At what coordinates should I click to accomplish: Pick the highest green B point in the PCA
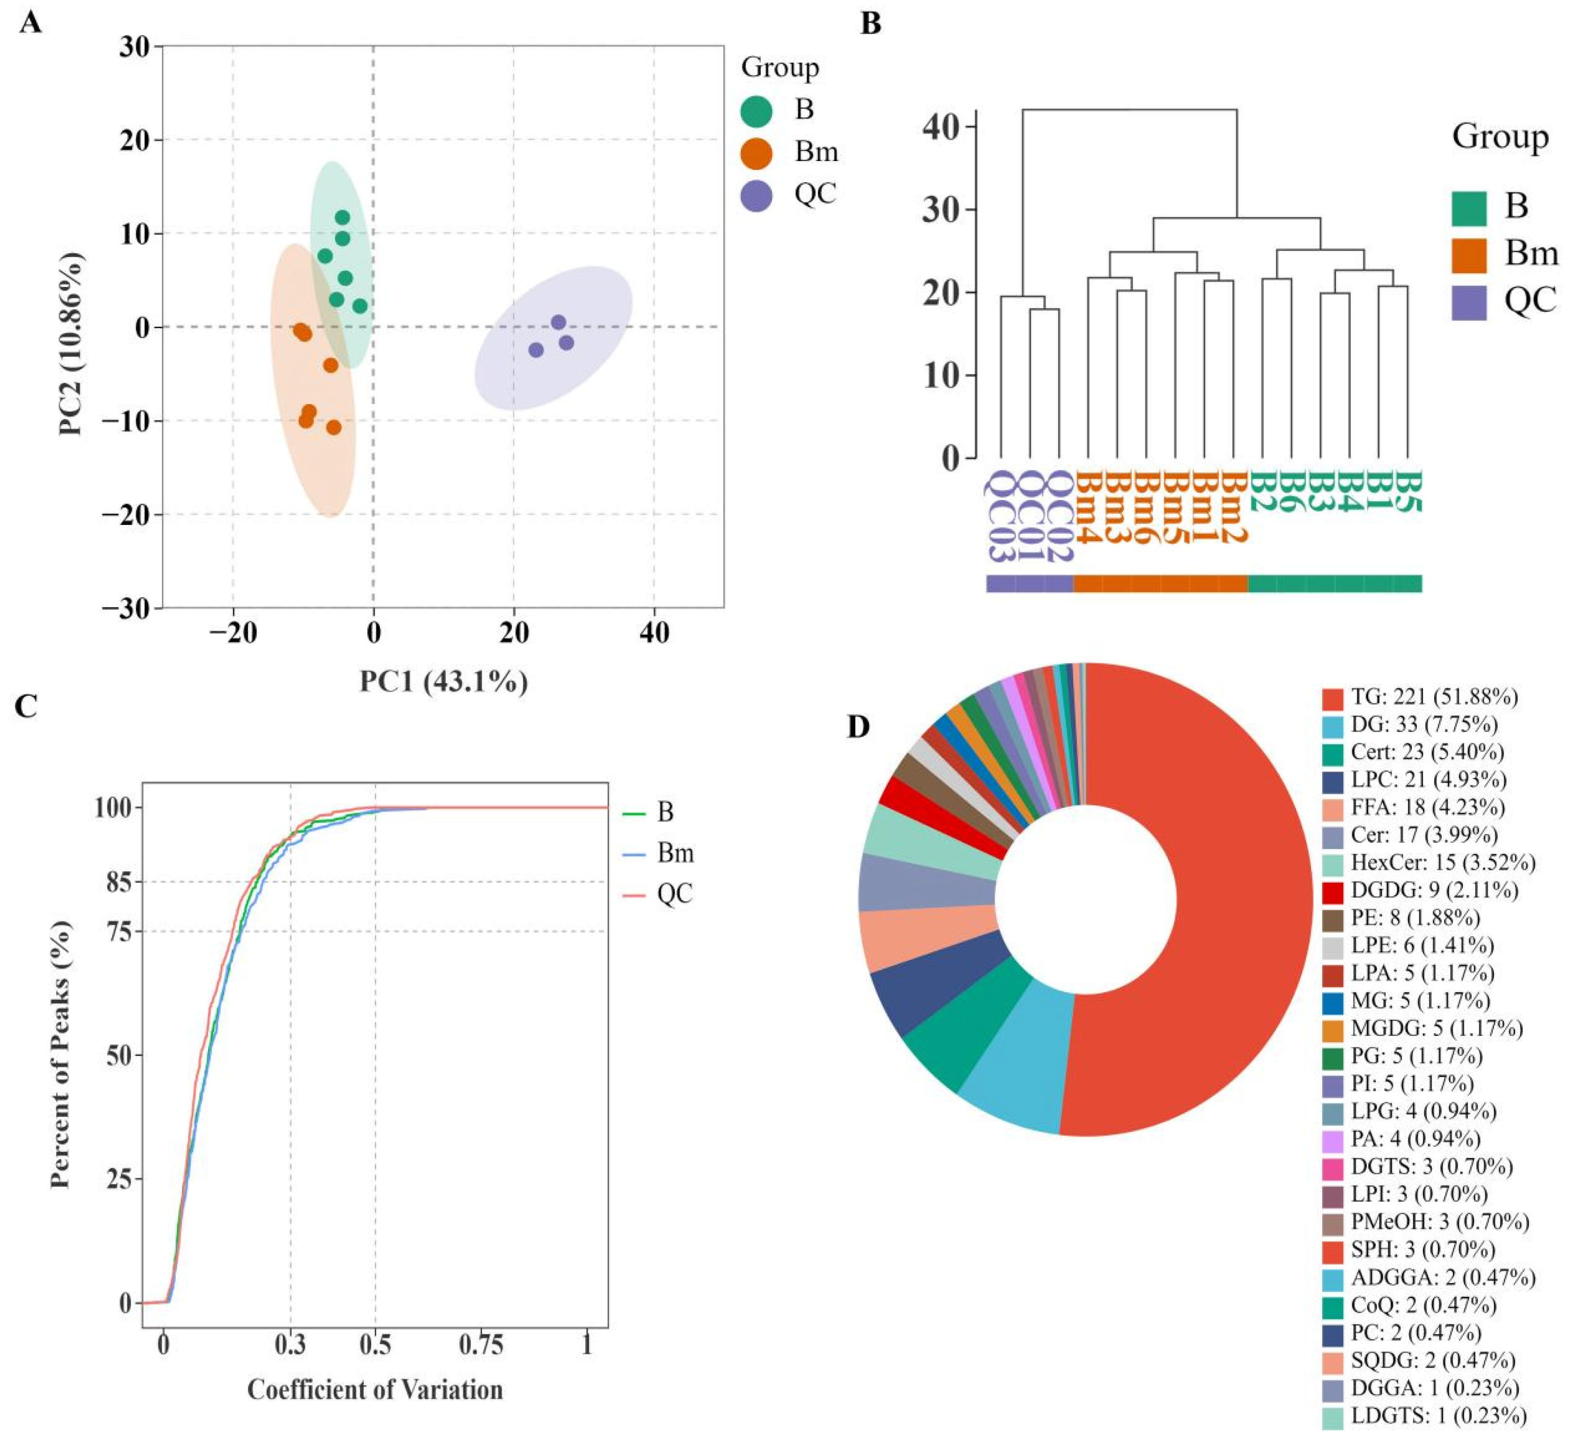[343, 217]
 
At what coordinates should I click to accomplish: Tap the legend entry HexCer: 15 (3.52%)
[1428, 862]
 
